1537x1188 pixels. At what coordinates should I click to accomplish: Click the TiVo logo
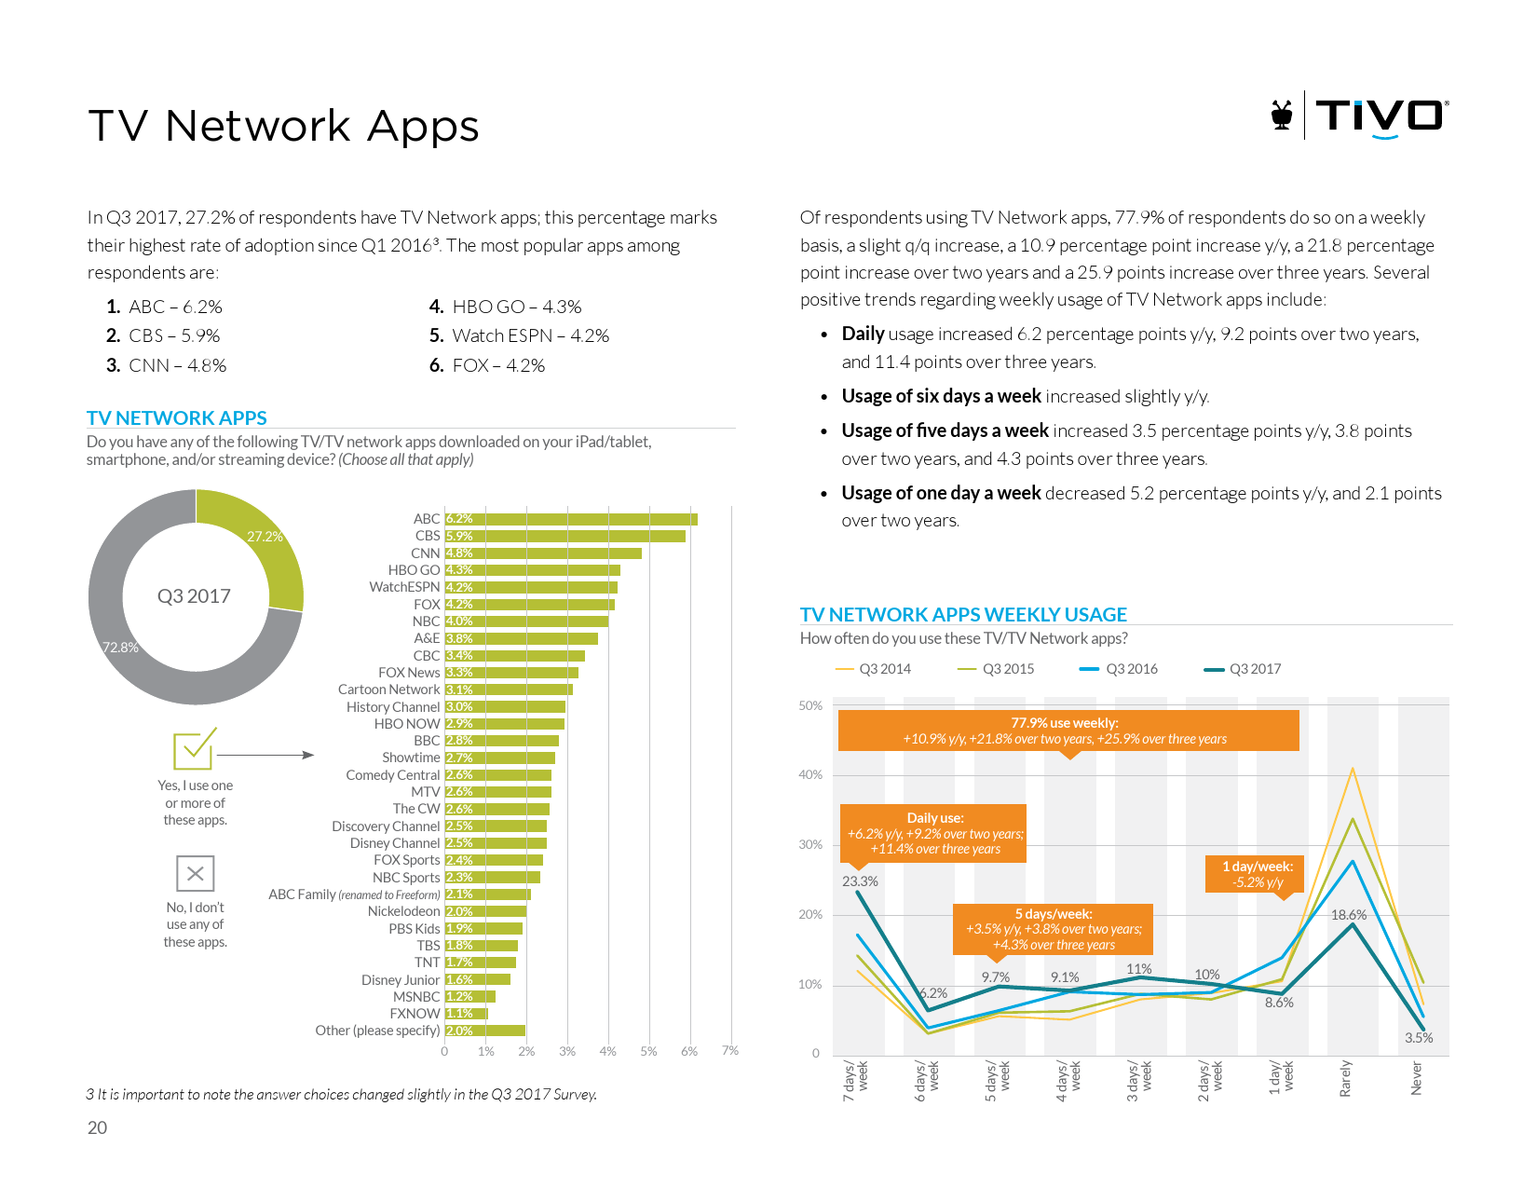[1360, 116]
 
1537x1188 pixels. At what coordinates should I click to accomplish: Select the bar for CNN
[543, 553]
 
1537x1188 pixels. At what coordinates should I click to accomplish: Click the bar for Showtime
[500, 758]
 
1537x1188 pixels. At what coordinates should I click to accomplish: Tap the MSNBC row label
[416, 997]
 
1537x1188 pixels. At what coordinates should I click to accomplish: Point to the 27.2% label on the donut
[265, 537]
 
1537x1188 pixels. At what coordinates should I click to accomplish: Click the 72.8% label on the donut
[120, 648]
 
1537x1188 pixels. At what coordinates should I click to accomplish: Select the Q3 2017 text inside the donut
[194, 596]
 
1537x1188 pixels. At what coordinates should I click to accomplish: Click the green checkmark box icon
[195, 749]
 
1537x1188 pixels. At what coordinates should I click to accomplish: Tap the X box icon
[196, 873]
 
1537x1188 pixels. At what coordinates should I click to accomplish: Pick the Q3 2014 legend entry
[873, 669]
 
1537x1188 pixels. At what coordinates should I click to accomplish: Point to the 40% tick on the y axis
[810, 774]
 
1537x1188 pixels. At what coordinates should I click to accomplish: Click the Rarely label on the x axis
[1345, 1078]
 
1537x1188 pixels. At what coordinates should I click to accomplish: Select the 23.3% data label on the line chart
[860, 881]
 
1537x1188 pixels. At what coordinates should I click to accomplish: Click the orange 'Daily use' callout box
[932, 833]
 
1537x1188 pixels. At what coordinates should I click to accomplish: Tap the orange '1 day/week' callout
[1257, 874]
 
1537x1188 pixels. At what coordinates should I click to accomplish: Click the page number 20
[97, 1127]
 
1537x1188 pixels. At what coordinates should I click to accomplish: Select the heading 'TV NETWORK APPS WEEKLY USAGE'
[963, 615]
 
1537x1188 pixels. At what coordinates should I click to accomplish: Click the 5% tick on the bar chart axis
[648, 1051]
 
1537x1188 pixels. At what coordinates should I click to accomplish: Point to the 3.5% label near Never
[1419, 1038]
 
